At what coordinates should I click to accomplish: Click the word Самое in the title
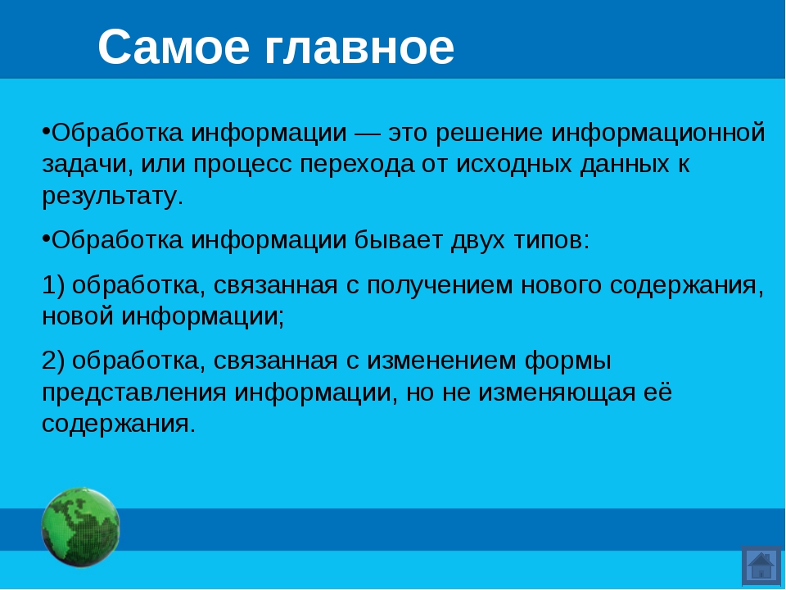(174, 47)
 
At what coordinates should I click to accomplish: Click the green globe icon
(80, 527)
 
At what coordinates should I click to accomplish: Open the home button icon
(761, 565)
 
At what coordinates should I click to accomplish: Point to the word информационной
(658, 134)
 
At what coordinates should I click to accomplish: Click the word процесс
(242, 165)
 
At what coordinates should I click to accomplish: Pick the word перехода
(358, 165)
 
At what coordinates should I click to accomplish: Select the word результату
(113, 196)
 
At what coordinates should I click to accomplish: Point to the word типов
(551, 241)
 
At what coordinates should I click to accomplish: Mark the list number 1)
(53, 285)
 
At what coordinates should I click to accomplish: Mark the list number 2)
(53, 361)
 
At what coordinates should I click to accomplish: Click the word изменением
(441, 361)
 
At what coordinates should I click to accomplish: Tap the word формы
(568, 361)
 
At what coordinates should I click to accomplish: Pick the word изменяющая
(557, 393)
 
